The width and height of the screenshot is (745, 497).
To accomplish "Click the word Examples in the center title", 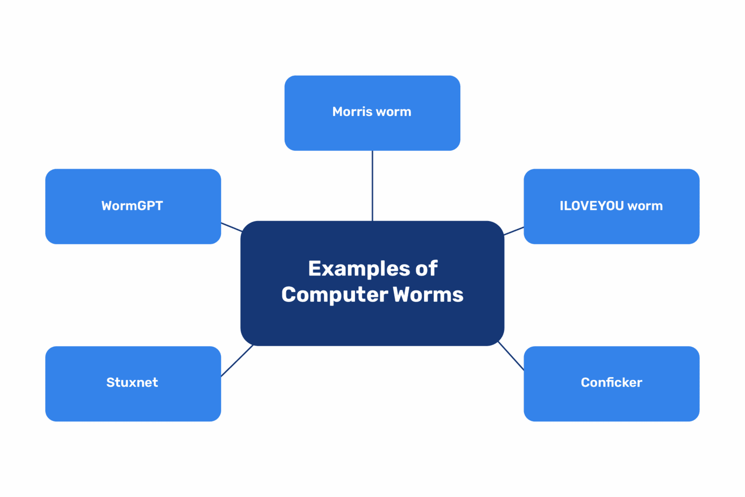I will (359, 269).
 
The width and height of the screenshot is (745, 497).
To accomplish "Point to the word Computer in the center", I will (335, 295).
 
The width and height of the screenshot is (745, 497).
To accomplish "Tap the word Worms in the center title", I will (428, 295).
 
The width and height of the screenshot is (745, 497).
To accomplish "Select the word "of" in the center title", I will (426, 269).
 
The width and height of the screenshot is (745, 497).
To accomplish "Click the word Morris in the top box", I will (352, 112).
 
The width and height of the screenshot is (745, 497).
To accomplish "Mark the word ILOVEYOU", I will (592, 206).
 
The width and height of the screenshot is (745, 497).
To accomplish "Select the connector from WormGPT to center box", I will (231, 227).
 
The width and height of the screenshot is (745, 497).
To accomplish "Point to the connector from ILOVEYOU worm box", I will (514, 231).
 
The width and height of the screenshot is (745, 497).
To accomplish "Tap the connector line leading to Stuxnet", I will (237, 361).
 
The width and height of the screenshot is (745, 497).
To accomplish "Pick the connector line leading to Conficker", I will (511, 356).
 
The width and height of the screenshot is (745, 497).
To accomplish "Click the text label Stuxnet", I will (132, 383).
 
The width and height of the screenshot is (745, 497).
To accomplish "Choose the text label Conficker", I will (611, 383).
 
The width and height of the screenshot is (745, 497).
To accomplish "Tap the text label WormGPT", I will (132, 206).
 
